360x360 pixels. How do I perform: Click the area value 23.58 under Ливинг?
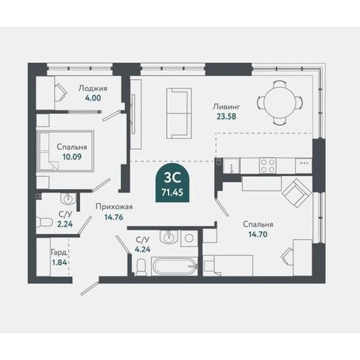(227, 116)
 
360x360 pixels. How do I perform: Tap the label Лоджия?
(93, 88)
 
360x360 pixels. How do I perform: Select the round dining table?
(280, 103)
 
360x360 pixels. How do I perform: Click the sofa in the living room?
(179, 113)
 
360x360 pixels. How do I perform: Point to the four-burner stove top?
(268, 165)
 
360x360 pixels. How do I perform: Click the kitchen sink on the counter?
(232, 166)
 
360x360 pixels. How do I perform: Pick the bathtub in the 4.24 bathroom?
(175, 266)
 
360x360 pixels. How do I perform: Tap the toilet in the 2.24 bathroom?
(43, 222)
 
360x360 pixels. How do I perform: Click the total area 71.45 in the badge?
(172, 192)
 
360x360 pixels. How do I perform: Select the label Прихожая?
(114, 207)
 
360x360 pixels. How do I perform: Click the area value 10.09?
(72, 157)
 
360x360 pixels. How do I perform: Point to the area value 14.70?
(258, 234)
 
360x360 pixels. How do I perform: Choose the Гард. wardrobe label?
(60, 252)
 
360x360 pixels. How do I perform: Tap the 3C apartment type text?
(172, 178)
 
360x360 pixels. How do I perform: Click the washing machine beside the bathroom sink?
(189, 238)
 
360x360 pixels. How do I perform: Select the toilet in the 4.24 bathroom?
(140, 268)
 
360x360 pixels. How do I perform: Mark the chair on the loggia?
(61, 92)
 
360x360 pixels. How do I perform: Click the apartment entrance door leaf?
(90, 289)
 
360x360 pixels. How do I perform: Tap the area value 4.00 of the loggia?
(93, 99)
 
